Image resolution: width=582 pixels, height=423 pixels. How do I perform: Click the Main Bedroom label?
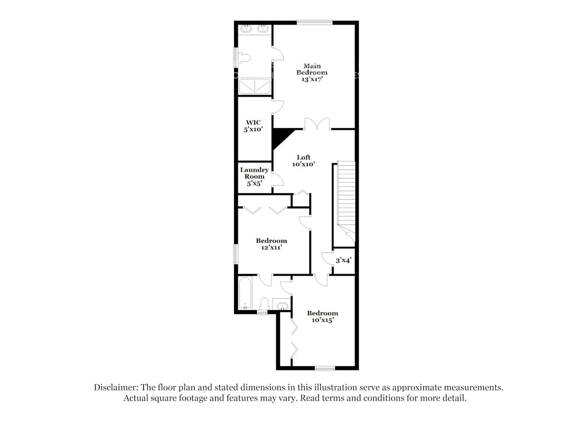tap(312, 69)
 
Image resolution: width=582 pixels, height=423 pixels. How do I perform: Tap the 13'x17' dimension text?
tap(312, 79)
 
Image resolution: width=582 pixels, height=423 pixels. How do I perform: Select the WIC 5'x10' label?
tap(253, 126)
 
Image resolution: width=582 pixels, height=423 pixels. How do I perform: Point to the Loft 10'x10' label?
tap(303, 161)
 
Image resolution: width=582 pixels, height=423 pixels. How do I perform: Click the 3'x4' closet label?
tap(343, 261)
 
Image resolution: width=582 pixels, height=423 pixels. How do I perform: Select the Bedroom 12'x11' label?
tap(271, 244)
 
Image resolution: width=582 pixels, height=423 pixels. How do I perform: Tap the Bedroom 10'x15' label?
tap(323, 316)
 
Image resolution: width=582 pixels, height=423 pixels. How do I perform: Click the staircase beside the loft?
tap(346, 195)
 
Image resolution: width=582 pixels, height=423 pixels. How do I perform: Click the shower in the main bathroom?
tap(254, 86)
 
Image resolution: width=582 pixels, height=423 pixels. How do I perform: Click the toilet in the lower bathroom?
tap(265, 304)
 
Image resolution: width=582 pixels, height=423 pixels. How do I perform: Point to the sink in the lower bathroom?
tap(281, 305)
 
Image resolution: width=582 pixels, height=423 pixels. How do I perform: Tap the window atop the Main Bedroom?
tap(314, 23)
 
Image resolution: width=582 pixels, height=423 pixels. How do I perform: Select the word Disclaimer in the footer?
tap(115, 387)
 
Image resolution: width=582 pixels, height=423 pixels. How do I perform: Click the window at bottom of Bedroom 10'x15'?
tap(325, 368)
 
